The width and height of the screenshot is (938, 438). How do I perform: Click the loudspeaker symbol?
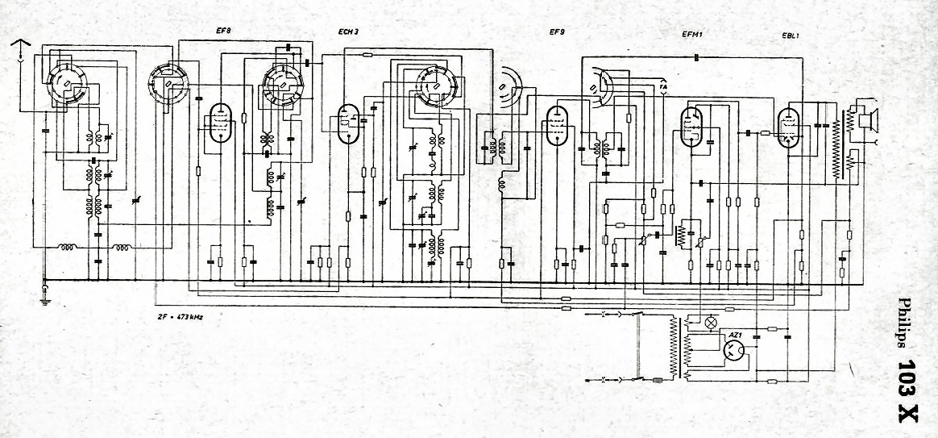coord(868,119)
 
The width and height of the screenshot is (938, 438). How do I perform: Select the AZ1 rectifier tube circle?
coord(733,350)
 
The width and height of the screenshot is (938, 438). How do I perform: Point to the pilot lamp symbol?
coord(711,322)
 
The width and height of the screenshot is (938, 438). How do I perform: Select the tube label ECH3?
coord(348,33)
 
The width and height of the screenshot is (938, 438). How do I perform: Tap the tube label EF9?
coord(557,33)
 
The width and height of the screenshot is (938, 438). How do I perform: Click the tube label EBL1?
coord(790,34)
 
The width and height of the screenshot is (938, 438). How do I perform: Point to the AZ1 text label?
coord(734,333)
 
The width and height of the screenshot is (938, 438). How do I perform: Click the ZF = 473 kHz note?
coord(181,316)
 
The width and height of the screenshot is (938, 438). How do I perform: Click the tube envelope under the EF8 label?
coord(218,123)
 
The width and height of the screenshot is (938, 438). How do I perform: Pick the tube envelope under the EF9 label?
coord(557,125)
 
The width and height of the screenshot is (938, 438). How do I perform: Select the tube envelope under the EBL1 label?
coord(787,127)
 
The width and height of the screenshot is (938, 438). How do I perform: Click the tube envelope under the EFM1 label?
coord(692,127)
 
